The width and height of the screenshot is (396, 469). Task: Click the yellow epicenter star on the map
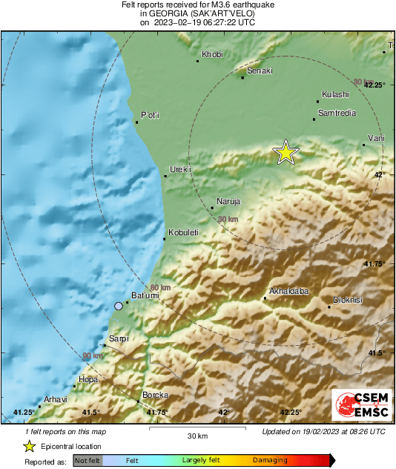pyautogui.click(x=286, y=152)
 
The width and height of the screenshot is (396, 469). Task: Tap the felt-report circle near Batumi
pyautogui.click(x=118, y=306)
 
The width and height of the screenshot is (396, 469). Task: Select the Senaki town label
pyautogui.click(x=260, y=71)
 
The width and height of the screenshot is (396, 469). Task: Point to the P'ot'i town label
pyautogui.click(x=151, y=115)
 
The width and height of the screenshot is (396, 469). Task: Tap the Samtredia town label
pyautogui.click(x=337, y=113)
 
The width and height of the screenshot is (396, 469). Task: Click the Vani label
pyautogui.click(x=377, y=139)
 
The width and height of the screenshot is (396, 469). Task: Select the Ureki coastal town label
pyautogui.click(x=181, y=170)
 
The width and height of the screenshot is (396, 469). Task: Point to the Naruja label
pyautogui.click(x=228, y=202)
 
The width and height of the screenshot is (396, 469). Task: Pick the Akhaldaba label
pyautogui.click(x=288, y=291)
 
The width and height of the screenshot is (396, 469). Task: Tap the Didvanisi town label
pyautogui.click(x=347, y=300)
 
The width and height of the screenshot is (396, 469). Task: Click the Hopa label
pyautogui.click(x=88, y=380)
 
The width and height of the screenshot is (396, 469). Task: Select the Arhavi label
pyautogui.click(x=56, y=399)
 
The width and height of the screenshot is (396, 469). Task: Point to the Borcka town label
pyautogui.click(x=156, y=395)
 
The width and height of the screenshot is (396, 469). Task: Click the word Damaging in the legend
pyautogui.click(x=270, y=460)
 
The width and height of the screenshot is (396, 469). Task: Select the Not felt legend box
pyautogui.click(x=88, y=460)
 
